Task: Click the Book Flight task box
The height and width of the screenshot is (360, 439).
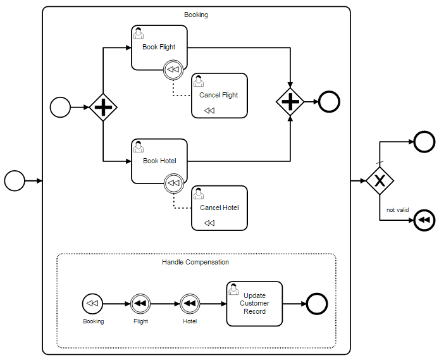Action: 159,47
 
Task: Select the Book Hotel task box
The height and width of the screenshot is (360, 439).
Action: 159,161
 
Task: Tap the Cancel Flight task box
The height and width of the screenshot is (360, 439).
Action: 219,96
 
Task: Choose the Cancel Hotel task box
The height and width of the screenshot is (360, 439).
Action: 219,208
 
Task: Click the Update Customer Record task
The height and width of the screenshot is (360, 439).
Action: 254,304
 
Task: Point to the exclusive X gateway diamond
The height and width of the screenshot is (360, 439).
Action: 380,181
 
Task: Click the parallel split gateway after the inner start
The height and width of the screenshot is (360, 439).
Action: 103,108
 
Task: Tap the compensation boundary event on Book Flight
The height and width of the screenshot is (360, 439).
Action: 173,70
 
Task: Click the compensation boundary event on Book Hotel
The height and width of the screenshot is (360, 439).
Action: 173,184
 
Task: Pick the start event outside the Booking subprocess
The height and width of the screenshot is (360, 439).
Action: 14,181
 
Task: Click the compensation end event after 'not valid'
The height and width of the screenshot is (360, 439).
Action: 424,220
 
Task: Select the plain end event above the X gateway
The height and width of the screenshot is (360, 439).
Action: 424,141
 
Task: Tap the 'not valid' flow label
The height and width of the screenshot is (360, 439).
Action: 398,209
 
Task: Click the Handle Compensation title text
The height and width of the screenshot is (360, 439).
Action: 195,262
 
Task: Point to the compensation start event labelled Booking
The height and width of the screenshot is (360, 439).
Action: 92,304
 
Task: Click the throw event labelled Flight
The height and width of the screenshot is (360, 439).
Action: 140,304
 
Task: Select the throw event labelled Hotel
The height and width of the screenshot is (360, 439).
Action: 190,304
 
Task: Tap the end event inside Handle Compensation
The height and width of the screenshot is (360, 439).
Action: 316,304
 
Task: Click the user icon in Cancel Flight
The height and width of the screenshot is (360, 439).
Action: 199,81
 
